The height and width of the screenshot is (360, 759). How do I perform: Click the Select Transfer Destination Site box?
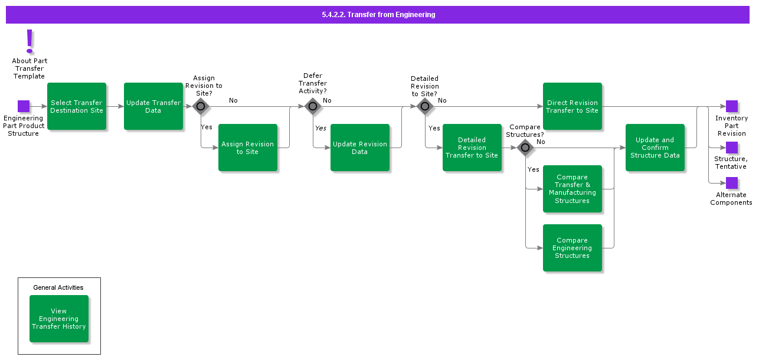pos(77,106)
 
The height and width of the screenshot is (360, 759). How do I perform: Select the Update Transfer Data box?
pos(153,106)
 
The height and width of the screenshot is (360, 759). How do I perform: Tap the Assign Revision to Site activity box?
pos(248,148)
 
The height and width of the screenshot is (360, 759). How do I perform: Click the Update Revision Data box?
pos(360,148)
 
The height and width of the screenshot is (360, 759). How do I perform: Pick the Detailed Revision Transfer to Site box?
pos(472,148)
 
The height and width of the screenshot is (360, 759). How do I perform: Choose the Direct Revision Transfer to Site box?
pos(572,106)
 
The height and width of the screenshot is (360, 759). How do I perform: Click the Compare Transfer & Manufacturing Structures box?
pos(572,189)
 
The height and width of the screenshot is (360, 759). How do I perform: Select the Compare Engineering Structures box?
pos(572,248)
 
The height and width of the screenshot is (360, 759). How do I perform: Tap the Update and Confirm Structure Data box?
pos(655,148)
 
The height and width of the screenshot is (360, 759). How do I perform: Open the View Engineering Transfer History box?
pos(59,319)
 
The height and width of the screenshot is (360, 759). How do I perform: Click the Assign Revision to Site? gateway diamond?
pos(201,106)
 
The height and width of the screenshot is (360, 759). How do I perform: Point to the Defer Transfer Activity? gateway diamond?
pos(313,106)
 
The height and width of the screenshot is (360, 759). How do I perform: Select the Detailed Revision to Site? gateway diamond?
pos(425,106)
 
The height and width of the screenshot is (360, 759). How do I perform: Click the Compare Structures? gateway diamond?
pos(525,148)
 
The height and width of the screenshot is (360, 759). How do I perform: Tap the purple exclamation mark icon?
pos(30,41)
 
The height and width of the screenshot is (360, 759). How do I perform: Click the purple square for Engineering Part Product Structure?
pos(24,106)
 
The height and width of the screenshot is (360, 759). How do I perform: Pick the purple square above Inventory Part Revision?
pos(732,106)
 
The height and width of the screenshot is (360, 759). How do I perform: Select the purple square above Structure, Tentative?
pos(732,148)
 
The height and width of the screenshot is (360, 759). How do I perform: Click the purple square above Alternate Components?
pos(732,183)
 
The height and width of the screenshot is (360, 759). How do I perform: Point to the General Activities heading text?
pos(58,287)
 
